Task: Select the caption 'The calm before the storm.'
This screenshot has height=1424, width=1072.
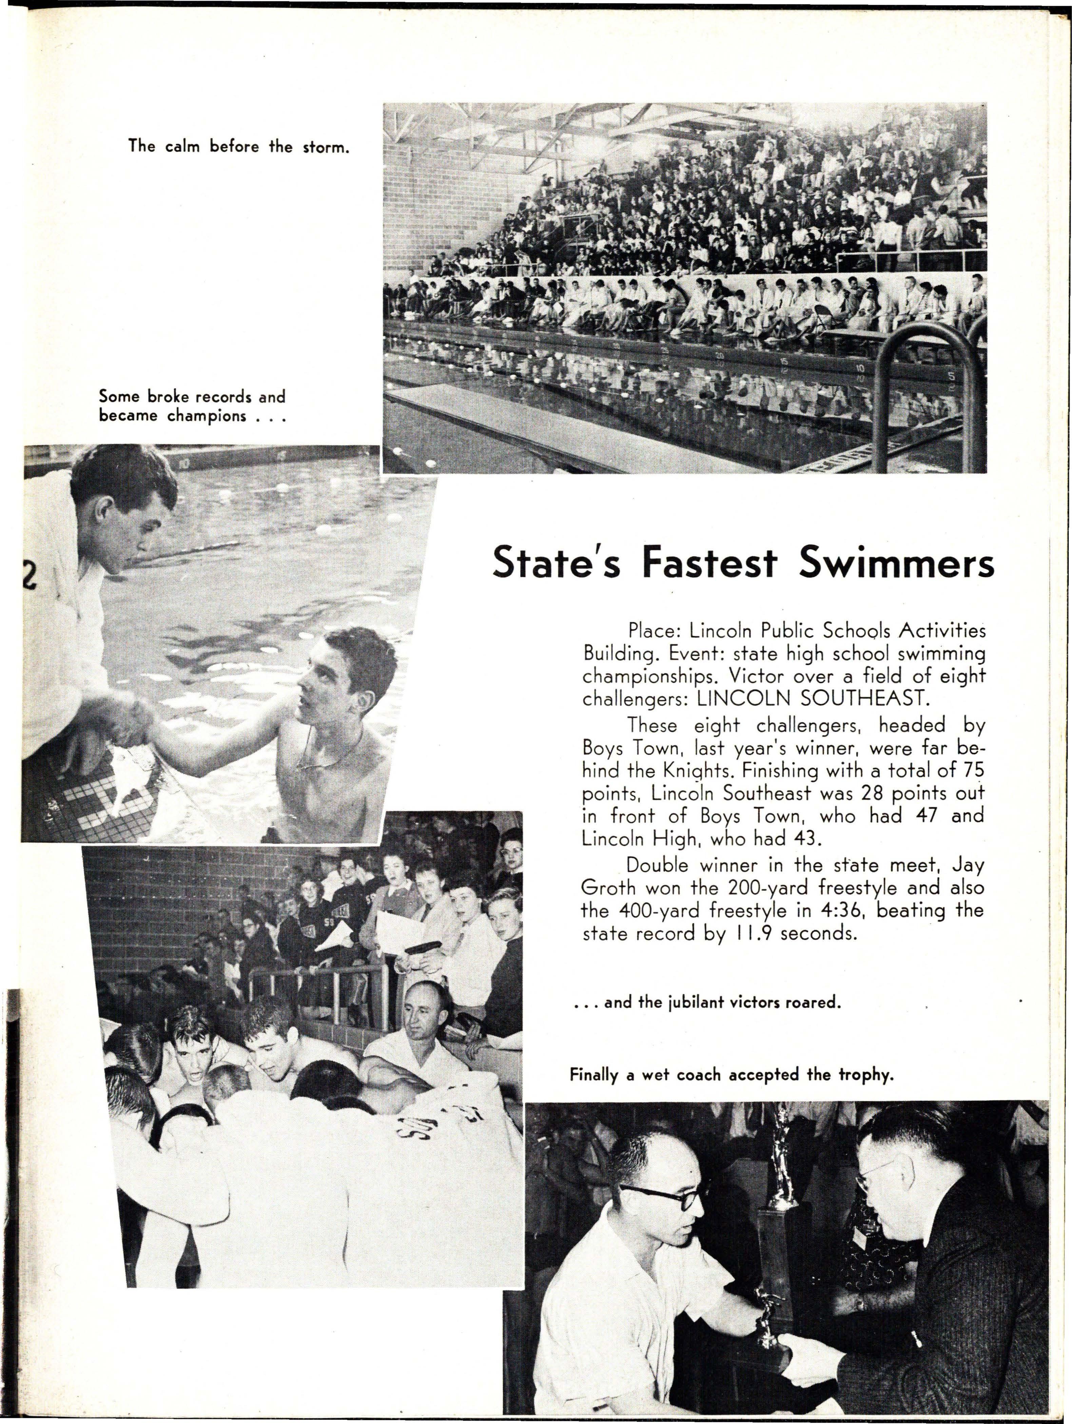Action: point(238,146)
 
